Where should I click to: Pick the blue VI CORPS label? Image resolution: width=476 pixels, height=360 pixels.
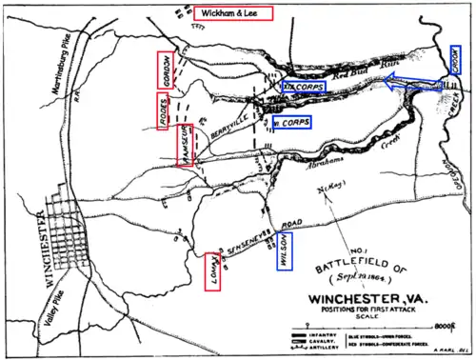pyautogui.click(x=290, y=123)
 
